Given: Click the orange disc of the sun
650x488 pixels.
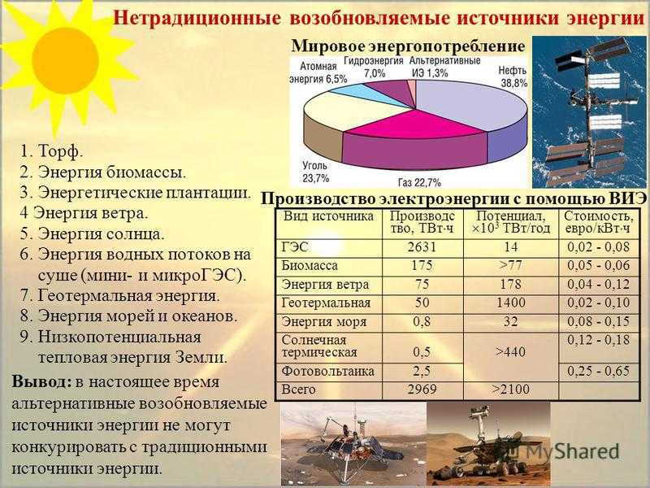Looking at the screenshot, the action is click(x=65, y=60).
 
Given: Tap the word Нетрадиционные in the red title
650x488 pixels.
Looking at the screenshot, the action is click(x=197, y=18).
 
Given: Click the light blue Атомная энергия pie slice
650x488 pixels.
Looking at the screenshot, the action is click(x=361, y=94).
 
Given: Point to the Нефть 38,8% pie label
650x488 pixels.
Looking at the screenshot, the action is click(x=513, y=76).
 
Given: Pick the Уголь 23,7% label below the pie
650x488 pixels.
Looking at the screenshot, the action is click(x=315, y=172).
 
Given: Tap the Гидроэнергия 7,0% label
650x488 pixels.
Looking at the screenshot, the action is click(x=374, y=67).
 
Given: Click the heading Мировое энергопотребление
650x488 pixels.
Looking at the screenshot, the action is click(x=408, y=46).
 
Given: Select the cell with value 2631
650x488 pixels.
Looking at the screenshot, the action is click(x=422, y=247).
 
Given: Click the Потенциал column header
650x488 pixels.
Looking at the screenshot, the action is click(x=511, y=222).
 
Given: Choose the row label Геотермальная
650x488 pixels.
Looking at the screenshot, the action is click(x=326, y=303).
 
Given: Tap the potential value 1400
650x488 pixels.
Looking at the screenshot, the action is click(x=511, y=303).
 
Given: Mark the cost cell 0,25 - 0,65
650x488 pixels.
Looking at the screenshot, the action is click(x=598, y=371).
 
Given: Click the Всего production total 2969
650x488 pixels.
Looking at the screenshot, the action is click(x=422, y=390).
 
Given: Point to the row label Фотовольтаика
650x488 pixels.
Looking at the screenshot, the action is click(x=328, y=371).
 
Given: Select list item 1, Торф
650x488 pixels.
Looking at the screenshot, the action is click(x=51, y=151).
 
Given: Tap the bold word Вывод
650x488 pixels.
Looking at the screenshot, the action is click(x=42, y=381).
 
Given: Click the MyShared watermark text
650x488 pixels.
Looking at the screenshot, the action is click(x=570, y=451).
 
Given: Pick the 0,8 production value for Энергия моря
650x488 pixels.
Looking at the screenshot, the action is click(x=422, y=321).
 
